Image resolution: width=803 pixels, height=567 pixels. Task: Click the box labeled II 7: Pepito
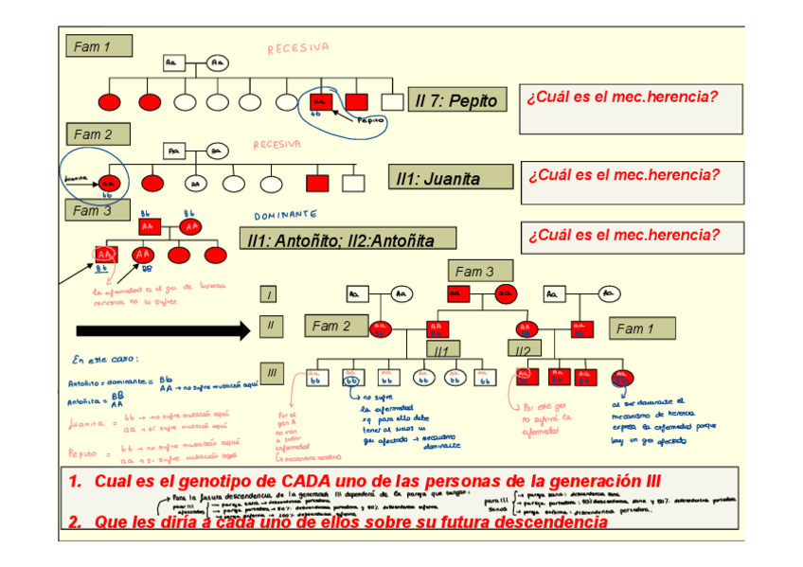click(x=455, y=100)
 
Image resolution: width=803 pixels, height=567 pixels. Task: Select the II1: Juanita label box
click(x=451, y=178)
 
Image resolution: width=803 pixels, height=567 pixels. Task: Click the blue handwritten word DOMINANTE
click(x=285, y=216)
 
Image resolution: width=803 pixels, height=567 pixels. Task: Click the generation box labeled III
click(x=271, y=374)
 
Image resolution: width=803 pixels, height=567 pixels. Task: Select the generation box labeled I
click(x=271, y=295)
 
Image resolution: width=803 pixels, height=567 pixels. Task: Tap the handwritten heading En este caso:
click(x=104, y=359)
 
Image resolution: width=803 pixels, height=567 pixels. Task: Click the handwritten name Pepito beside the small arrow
click(x=370, y=120)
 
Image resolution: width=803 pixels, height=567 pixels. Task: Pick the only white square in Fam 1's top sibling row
click(x=391, y=101)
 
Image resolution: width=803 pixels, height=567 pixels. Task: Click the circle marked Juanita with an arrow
click(x=110, y=182)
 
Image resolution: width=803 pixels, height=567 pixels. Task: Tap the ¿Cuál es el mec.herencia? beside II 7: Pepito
click(x=621, y=97)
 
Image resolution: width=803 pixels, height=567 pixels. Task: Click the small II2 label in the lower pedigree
click(x=524, y=350)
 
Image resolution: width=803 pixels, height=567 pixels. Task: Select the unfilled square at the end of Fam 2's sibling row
click(x=353, y=182)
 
